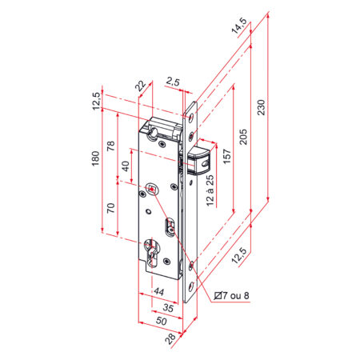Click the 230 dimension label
[262, 107]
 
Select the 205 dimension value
[243, 137]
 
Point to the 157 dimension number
[226, 157]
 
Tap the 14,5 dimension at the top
[238, 26]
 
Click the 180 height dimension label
[95, 158]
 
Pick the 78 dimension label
[110, 146]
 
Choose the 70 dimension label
[110, 208]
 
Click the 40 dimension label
[126, 166]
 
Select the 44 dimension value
[159, 292]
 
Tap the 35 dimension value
[168, 308]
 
